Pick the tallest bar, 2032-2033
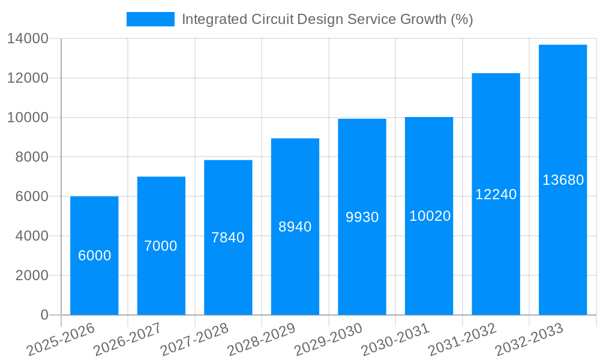[563, 240]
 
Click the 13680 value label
[563, 180]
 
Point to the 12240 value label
[496, 194]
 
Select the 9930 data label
[362, 217]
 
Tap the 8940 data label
[295, 227]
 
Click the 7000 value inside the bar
[161, 246]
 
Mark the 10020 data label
[430, 216]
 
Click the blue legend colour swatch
[150, 19]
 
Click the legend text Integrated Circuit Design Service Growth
[327, 19]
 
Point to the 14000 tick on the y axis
[28, 38]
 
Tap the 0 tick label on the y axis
[44, 315]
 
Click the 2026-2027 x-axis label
[128, 340]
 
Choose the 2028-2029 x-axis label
[262, 340]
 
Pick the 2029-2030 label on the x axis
[329, 340]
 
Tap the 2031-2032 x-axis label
[463, 340]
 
